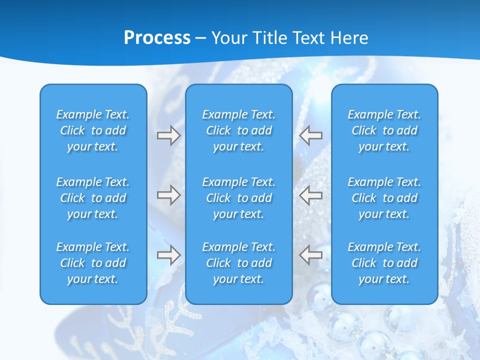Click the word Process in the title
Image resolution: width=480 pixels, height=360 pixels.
coord(157,38)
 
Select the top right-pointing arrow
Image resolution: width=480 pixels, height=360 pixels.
coord(168,135)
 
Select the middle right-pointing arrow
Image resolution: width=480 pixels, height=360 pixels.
coord(168,195)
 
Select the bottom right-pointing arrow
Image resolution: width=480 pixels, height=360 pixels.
coord(168,255)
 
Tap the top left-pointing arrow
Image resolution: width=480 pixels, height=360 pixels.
coord(310,135)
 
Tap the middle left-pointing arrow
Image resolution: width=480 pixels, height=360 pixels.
coord(310,195)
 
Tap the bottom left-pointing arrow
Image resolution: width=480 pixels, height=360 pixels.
coord(310,255)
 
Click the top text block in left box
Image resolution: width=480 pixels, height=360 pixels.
coord(93,130)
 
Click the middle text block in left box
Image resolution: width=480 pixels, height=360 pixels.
coord(93,198)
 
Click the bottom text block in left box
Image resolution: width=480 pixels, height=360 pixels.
coord(93,263)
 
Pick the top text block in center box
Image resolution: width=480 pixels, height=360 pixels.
coord(239,130)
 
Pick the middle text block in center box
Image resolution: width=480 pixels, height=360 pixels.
coord(239,198)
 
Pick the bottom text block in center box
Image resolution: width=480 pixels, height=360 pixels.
coord(239,263)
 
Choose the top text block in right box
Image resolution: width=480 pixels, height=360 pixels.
coord(384,130)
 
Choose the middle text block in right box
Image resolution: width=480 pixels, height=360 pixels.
coord(384,198)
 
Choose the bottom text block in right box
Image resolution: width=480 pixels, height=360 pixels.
coord(384,263)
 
